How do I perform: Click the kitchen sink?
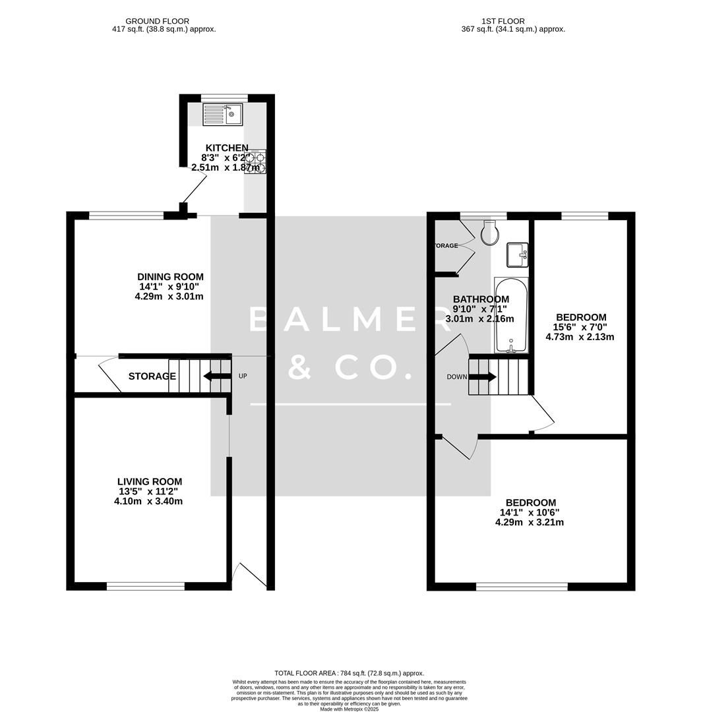222,115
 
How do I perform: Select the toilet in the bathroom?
491,231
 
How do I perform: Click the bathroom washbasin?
517,254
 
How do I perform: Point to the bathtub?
511,315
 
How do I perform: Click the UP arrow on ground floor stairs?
216,376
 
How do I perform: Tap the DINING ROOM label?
170,277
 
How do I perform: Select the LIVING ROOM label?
150,482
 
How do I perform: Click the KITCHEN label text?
227,148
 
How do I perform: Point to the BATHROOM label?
481,299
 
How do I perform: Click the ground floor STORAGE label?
152,376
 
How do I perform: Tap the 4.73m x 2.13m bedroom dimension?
580,337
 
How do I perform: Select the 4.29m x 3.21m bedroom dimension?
529,522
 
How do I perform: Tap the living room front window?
146,585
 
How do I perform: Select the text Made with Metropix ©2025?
350,708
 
